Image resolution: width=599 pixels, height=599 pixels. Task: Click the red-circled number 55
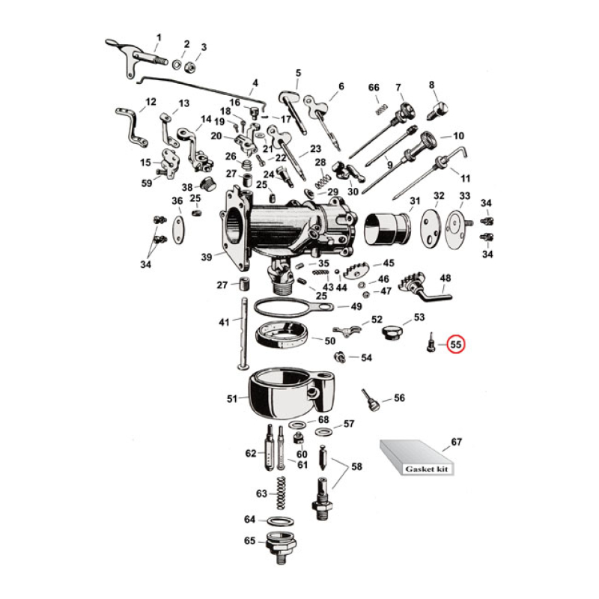456,344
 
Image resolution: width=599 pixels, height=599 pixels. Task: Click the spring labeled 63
283,495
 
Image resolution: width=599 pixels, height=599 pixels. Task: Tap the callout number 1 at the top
158,37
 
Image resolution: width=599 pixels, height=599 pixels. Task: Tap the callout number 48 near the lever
446,279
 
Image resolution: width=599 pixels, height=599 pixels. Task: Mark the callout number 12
150,102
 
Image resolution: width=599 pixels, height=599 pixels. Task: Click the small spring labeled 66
380,109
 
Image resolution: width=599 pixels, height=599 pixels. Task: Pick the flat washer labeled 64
279,520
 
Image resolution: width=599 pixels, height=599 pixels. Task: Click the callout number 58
356,466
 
